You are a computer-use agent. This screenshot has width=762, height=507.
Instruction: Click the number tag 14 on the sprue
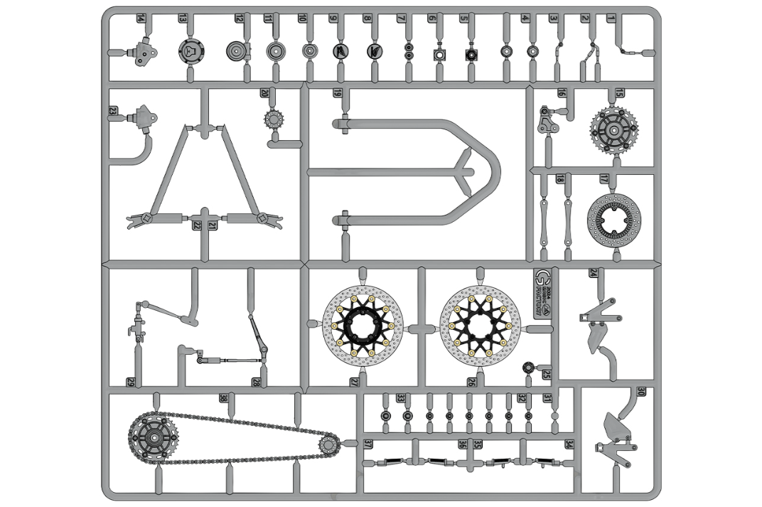pos(141,18)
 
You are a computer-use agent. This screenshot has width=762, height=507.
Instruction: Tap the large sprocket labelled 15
pos(613,129)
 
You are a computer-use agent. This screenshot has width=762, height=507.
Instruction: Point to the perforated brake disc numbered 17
pos(614,218)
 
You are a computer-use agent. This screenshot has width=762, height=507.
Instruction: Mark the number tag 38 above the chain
pos(224,398)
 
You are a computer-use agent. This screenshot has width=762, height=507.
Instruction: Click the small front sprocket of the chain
pos(328,445)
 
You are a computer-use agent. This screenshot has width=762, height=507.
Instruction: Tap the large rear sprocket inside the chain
pos(152,438)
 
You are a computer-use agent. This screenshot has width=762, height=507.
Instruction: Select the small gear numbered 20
pos(273,118)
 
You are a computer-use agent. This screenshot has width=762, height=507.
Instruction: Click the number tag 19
pos(337,94)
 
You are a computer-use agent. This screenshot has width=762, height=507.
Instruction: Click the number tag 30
pos(641,391)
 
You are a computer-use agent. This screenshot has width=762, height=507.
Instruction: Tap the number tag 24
pos(592,272)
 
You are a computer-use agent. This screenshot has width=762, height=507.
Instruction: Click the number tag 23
pos(113,110)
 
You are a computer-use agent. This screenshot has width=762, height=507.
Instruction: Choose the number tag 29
pos(131,382)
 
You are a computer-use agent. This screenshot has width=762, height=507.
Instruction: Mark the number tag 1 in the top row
pos(610,18)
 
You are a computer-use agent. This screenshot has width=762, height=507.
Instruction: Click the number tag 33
pos(401,398)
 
